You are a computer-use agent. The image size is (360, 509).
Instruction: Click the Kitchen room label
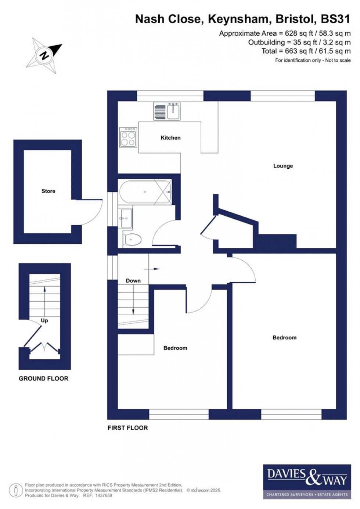tap(170, 138)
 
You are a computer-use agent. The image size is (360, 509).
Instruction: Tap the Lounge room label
tap(283, 166)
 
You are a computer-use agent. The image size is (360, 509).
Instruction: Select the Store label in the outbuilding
tap(48, 191)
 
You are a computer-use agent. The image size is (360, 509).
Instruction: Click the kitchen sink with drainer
tap(167, 111)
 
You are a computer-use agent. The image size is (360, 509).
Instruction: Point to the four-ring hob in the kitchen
tap(128, 137)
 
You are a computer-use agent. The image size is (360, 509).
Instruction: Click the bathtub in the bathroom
tap(145, 192)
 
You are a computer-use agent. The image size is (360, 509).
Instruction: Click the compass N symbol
tap(45, 55)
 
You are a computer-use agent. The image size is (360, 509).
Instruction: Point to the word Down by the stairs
tap(133, 281)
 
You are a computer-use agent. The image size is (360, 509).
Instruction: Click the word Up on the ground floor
tap(44, 320)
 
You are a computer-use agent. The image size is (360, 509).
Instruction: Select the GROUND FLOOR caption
tap(43, 379)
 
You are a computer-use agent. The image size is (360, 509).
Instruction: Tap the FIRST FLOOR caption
tap(127, 428)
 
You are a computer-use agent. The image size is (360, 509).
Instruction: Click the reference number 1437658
tap(103, 495)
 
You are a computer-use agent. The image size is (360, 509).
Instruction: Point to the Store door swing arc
tap(96, 215)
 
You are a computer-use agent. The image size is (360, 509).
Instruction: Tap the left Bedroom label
tap(175, 348)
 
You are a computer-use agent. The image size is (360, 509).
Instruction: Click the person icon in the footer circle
tap(16, 490)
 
